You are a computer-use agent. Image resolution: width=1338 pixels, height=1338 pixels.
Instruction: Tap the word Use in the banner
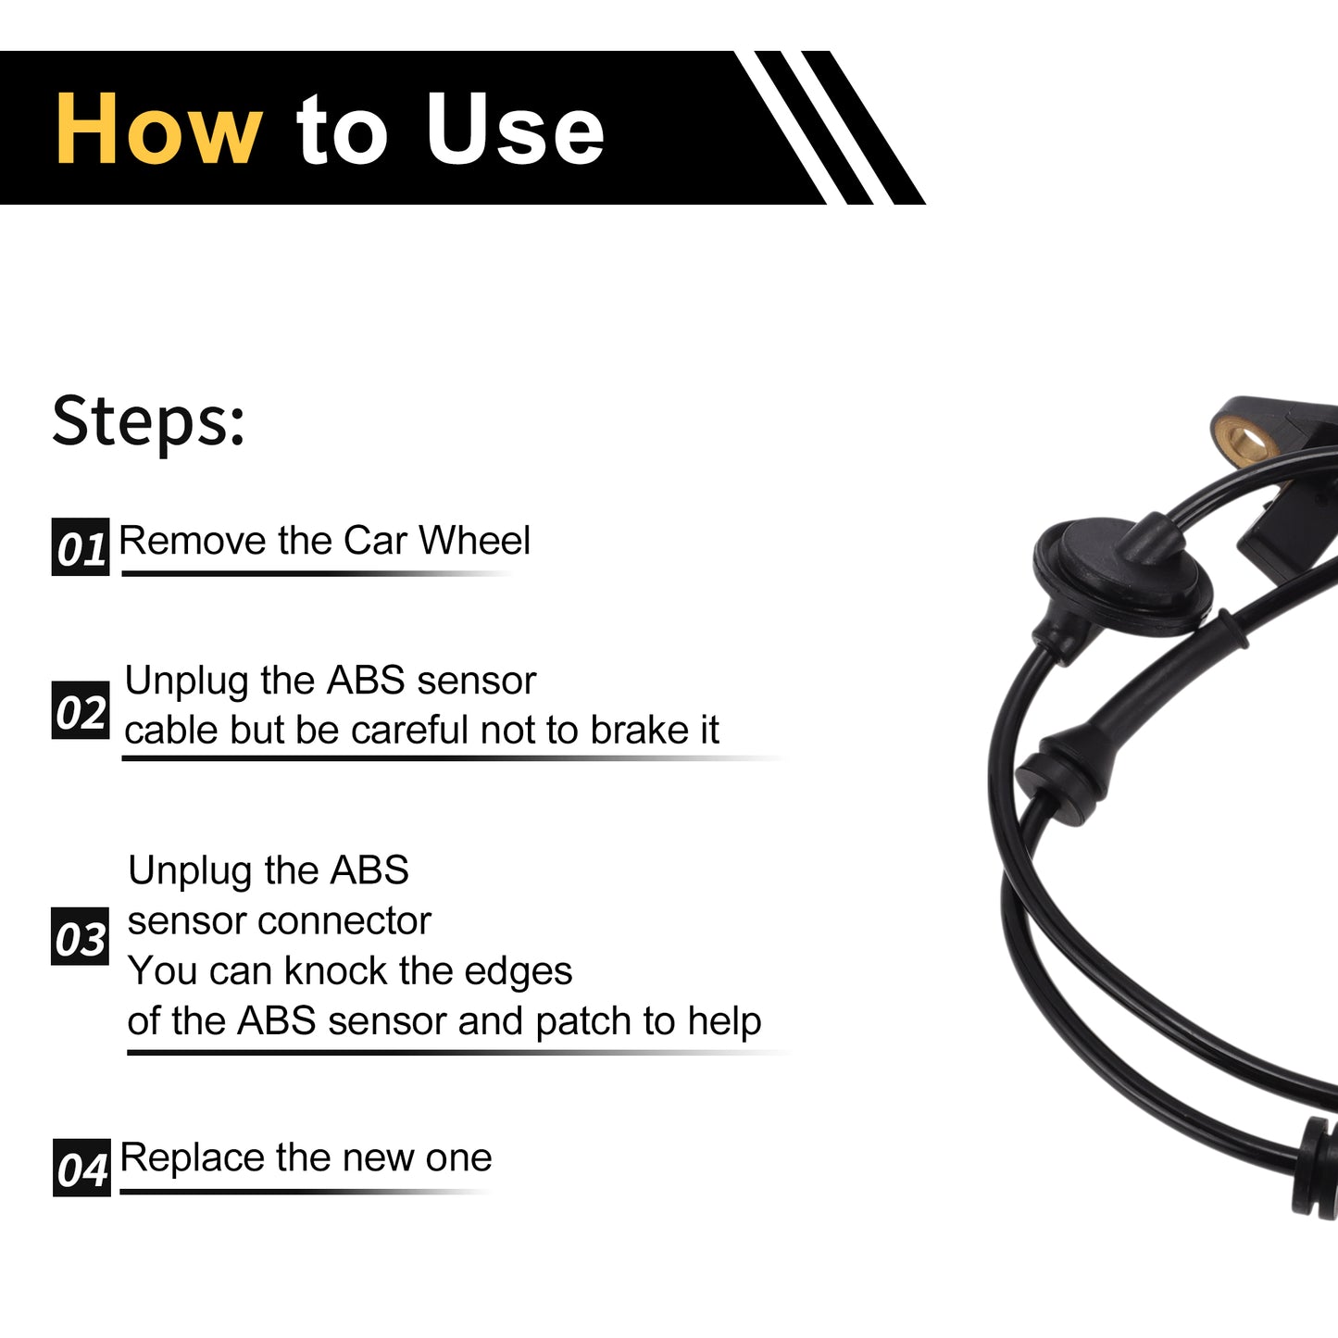(x=515, y=129)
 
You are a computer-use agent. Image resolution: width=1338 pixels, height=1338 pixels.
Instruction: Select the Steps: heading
(x=148, y=422)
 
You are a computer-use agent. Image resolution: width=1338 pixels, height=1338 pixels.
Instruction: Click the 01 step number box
(x=81, y=546)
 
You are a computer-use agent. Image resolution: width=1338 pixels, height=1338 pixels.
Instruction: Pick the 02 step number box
(x=81, y=710)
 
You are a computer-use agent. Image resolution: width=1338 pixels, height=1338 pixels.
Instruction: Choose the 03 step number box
(x=80, y=936)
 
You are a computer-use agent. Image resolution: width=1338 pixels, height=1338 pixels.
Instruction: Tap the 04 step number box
(x=81, y=1168)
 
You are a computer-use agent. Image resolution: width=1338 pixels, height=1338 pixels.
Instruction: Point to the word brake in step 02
(x=634, y=730)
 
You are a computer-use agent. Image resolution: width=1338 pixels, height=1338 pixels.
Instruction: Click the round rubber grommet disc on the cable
(x=1122, y=575)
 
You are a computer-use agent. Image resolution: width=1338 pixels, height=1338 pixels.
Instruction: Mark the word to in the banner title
(x=342, y=131)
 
